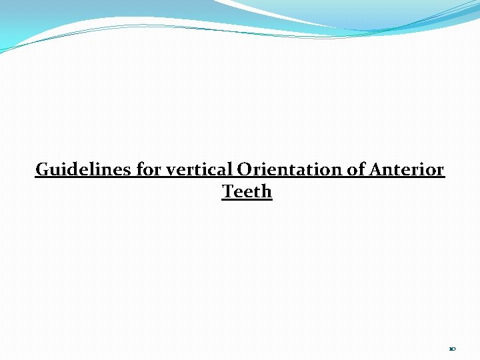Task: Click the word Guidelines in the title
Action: coord(84,170)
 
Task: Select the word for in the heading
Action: coord(148,170)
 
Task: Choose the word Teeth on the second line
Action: coord(247,192)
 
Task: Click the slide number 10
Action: coord(453,349)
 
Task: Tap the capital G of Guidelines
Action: coord(41,170)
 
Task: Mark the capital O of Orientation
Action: coord(244,170)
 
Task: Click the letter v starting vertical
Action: coord(169,171)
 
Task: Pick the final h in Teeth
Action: coord(267,192)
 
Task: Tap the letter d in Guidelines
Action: coord(71,170)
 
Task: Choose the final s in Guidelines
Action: coord(129,171)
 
